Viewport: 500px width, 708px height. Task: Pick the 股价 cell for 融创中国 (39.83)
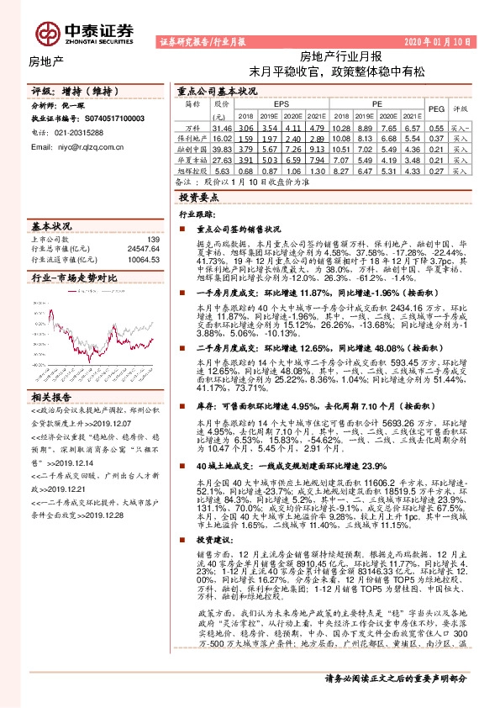(221, 147)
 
